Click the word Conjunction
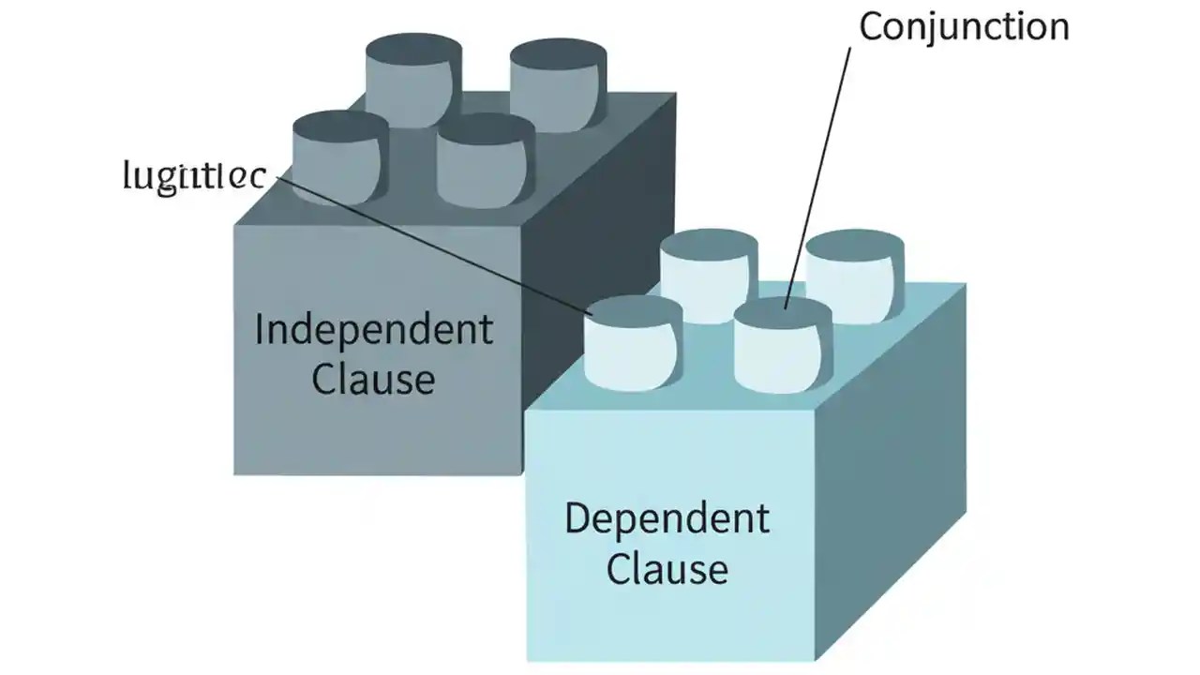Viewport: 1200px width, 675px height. (x=964, y=26)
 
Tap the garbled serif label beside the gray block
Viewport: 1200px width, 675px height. (x=194, y=176)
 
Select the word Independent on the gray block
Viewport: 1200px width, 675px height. (x=373, y=331)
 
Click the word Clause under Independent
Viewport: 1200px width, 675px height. (x=373, y=380)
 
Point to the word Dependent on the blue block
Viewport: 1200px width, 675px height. (x=667, y=519)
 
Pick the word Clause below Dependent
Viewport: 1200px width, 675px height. (x=667, y=569)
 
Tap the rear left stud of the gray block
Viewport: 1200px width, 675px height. (x=412, y=80)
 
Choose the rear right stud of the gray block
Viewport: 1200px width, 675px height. (x=558, y=85)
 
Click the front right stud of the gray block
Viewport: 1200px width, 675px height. (x=485, y=162)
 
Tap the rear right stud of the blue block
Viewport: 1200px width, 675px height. (x=854, y=277)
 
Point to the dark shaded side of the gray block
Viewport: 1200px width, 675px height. (x=600, y=262)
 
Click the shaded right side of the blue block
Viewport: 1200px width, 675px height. (x=891, y=469)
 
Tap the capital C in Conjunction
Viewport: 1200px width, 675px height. (x=872, y=26)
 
